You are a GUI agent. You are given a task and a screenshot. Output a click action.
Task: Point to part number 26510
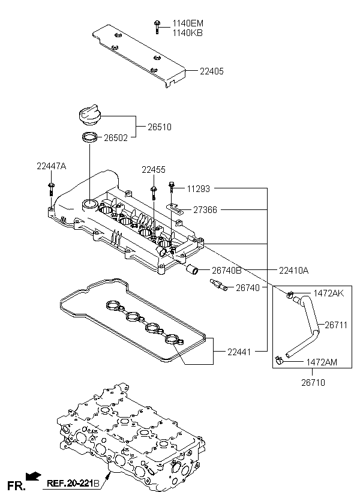point(160,127)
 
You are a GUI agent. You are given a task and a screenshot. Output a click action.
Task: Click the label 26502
point(116,137)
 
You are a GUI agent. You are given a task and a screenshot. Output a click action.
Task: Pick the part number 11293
point(198,188)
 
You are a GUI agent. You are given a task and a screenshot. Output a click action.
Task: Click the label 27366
point(205,210)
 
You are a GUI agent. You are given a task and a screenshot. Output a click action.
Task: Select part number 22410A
point(293,271)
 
